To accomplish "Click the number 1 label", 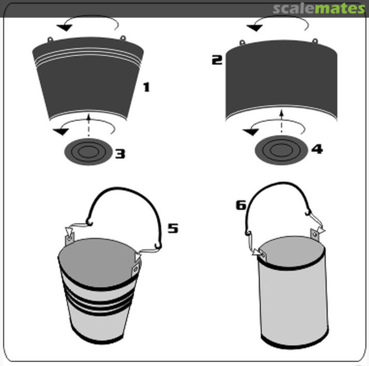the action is (147, 87).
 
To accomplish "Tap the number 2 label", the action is (217, 60).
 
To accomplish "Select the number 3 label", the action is (120, 154).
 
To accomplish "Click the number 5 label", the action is (173, 228).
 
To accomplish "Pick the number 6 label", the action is (241, 205).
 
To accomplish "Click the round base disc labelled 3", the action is (88, 152).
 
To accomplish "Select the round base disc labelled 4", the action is (282, 150).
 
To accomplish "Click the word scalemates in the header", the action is (319, 9).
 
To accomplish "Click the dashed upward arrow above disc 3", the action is (88, 125).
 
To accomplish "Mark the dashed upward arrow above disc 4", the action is (282, 121).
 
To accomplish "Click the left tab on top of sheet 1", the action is (50, 40).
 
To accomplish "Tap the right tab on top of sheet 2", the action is (315, 41).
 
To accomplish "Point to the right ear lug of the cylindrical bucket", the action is (315, 234).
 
